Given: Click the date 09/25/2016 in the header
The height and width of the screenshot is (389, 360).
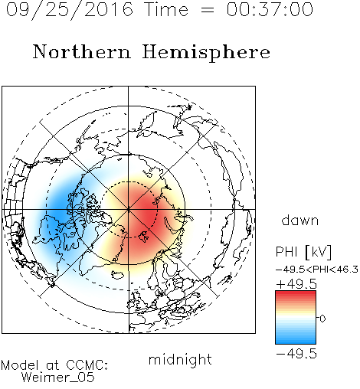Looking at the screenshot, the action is click(70, 10).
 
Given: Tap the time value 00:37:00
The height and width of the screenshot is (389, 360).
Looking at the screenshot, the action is click(270, 10).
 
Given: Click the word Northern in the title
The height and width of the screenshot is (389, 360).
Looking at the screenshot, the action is click(82, 51).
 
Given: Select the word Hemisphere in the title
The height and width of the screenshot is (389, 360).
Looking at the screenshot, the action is click(206, 53).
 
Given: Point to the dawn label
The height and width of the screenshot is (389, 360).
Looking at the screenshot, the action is click(300, 220).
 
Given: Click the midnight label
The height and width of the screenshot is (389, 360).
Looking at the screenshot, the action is click(180, 359).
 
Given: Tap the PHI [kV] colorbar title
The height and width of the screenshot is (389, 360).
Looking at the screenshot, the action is click(303, 252).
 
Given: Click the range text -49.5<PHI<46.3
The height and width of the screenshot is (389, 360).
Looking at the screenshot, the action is click(317, 270).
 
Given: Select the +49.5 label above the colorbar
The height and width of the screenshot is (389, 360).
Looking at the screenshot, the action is click(296, 284).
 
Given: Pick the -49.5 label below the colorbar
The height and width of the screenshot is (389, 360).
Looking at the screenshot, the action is click(296, 354).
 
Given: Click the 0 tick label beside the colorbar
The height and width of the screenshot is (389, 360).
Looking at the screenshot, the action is click(322, 319).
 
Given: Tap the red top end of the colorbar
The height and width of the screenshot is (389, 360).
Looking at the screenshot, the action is click(296, 293).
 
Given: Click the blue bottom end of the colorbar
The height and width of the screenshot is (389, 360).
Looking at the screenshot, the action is click(296, 341).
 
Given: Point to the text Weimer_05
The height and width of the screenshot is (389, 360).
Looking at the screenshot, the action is click(58, 378).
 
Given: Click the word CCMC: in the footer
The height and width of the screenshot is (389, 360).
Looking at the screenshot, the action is click(87, 365).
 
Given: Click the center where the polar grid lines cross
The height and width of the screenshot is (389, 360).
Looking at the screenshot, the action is click(129, 209).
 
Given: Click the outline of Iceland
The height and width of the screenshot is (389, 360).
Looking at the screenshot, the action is click(118, 275).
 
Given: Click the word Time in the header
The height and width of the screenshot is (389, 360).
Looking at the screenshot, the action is click(166, 10).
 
